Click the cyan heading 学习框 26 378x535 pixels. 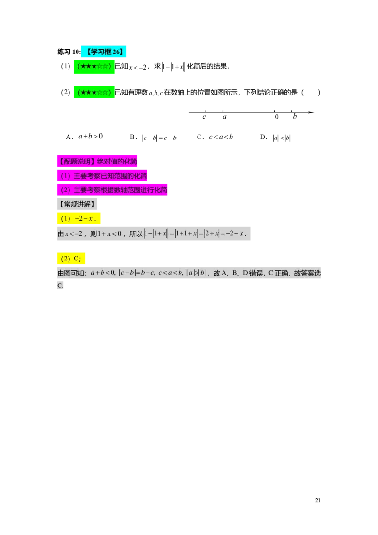[104, 52]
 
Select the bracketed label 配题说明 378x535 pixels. [76, 161]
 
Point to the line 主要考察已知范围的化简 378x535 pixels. [110, 176]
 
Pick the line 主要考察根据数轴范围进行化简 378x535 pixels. [120, 190]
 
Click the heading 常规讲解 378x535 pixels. [77, 204]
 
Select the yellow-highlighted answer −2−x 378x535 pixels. [85, 219]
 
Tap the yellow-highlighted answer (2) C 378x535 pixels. [71, 258]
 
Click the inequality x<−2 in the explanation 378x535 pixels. [73, 233]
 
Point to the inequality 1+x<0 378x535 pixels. [109, 233]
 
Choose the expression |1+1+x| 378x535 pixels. [186, 233]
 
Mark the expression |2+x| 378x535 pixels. [212, 233]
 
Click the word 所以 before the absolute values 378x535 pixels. [136, 233]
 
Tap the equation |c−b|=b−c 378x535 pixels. [137, 273]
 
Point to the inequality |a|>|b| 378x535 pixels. [197, 273]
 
